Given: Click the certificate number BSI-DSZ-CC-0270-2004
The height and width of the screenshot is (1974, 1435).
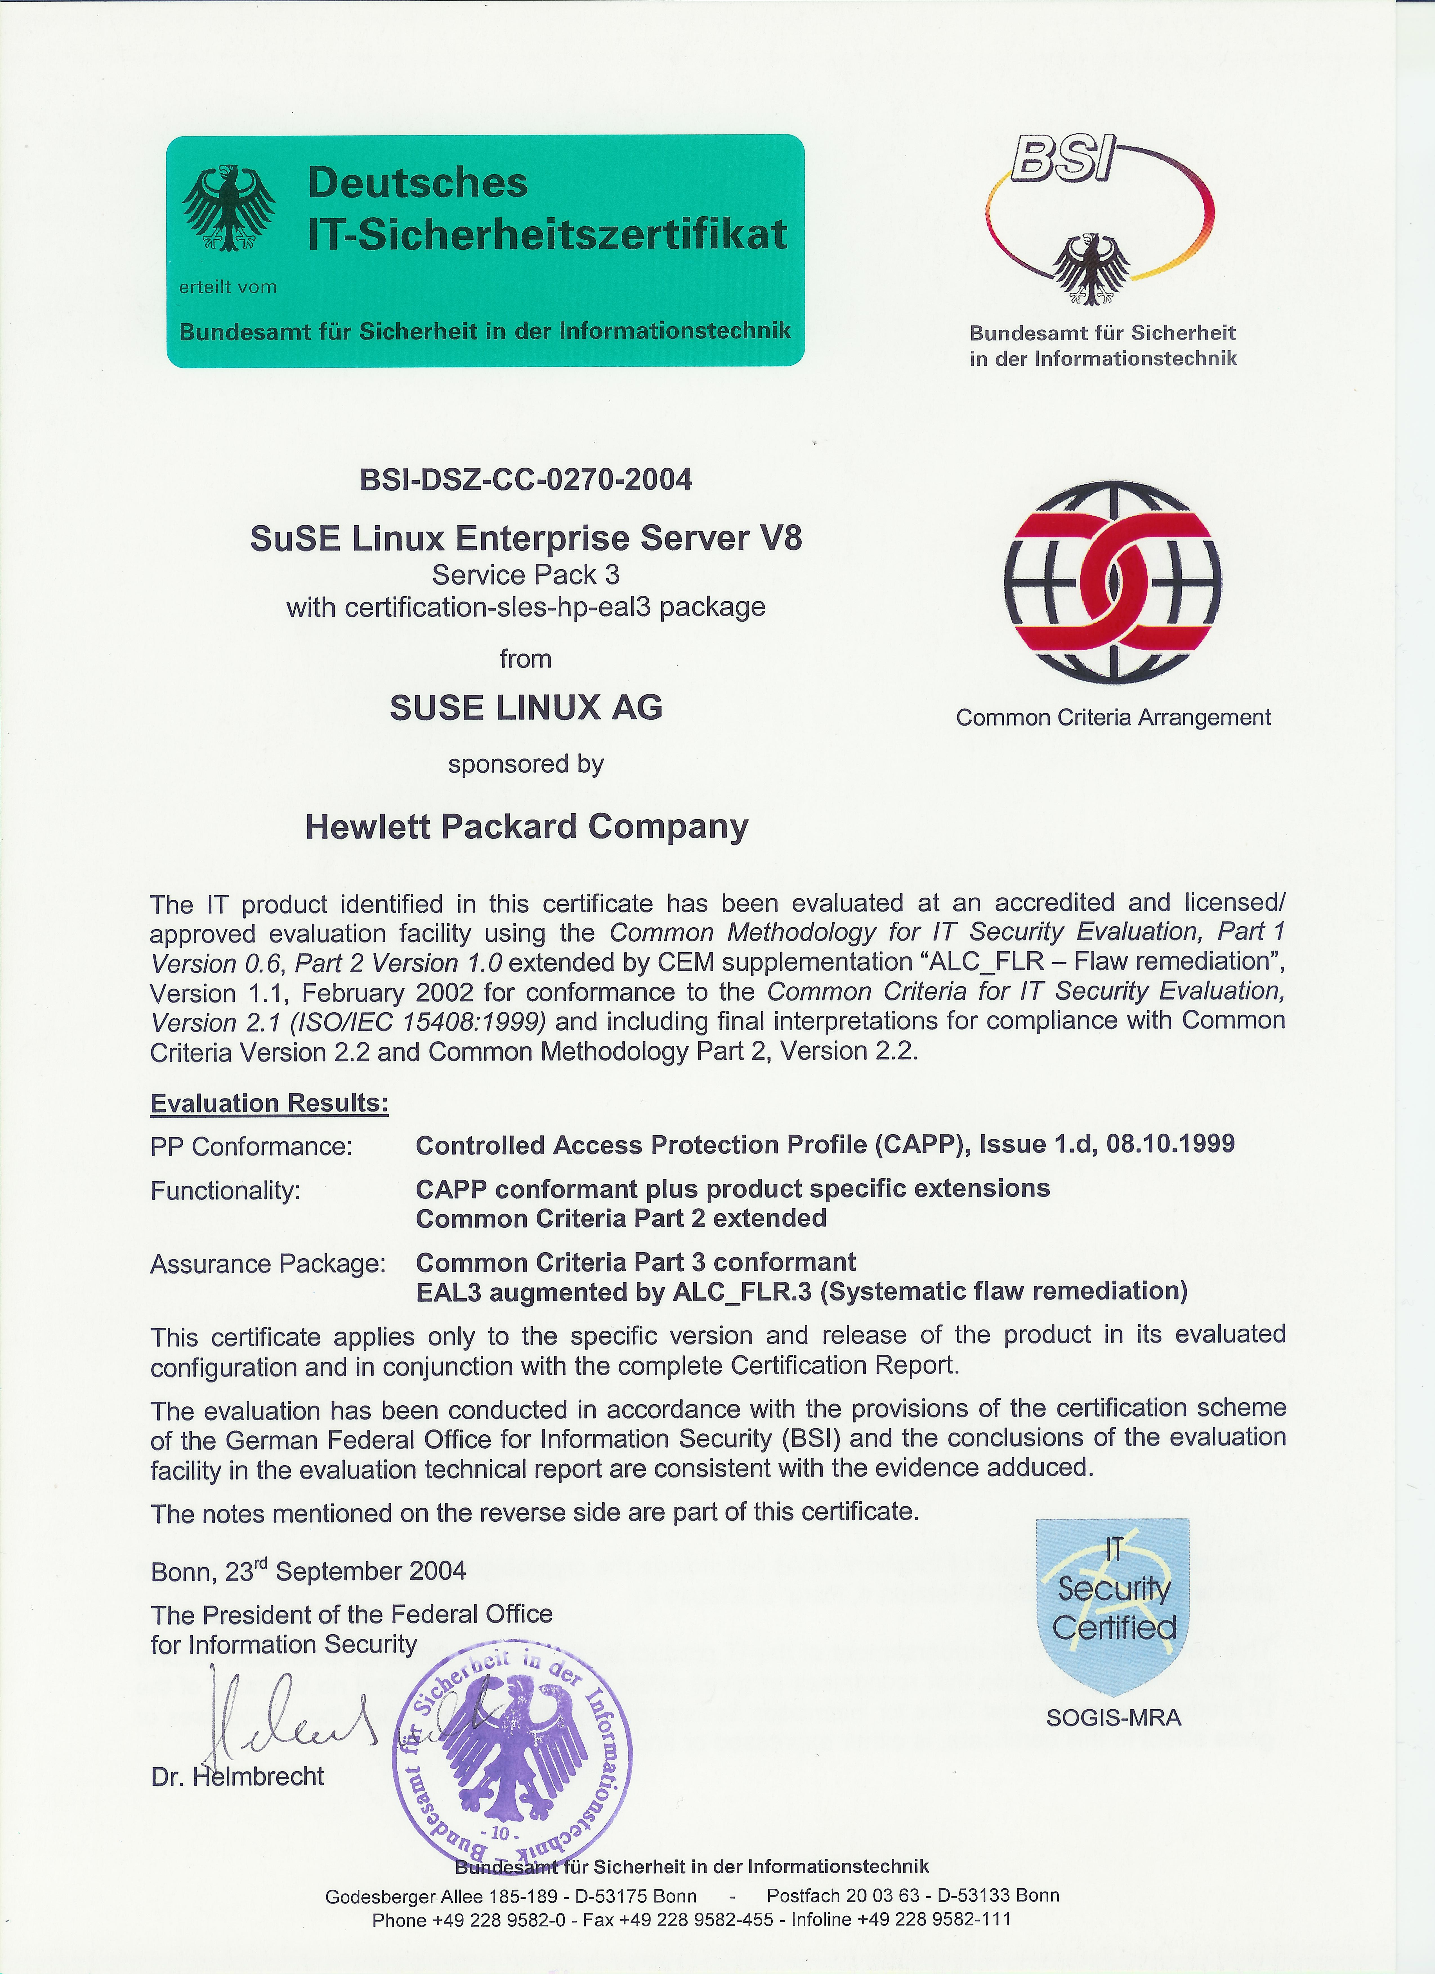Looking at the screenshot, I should [526, 480].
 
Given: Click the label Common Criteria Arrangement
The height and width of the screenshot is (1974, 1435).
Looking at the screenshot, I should [1113, 718].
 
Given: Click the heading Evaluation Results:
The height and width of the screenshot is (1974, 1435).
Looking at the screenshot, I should [269, 1104].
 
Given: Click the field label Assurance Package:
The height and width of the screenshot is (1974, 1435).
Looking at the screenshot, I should [268, 1264].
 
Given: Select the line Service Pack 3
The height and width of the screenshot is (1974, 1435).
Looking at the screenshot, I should [526, 575].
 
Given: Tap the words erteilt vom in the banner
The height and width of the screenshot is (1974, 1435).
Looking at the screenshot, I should [228, 287].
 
